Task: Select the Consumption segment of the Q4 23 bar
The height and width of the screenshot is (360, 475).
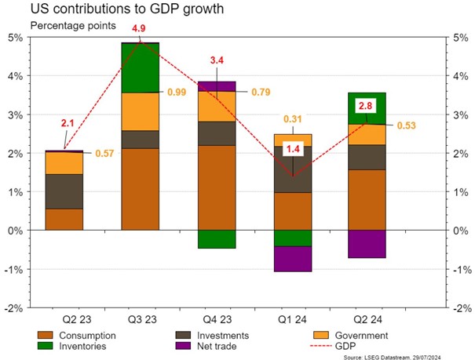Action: click(x=216, y=187)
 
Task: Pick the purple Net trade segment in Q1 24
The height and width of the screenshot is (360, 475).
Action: click(x=292, y=259)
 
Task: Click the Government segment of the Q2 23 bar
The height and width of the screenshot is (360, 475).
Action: click(x=64, y=163)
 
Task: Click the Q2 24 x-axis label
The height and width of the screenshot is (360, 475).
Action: click(x=368, y=320)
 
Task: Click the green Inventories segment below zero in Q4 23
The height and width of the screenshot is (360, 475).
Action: click(x=216, y=239)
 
